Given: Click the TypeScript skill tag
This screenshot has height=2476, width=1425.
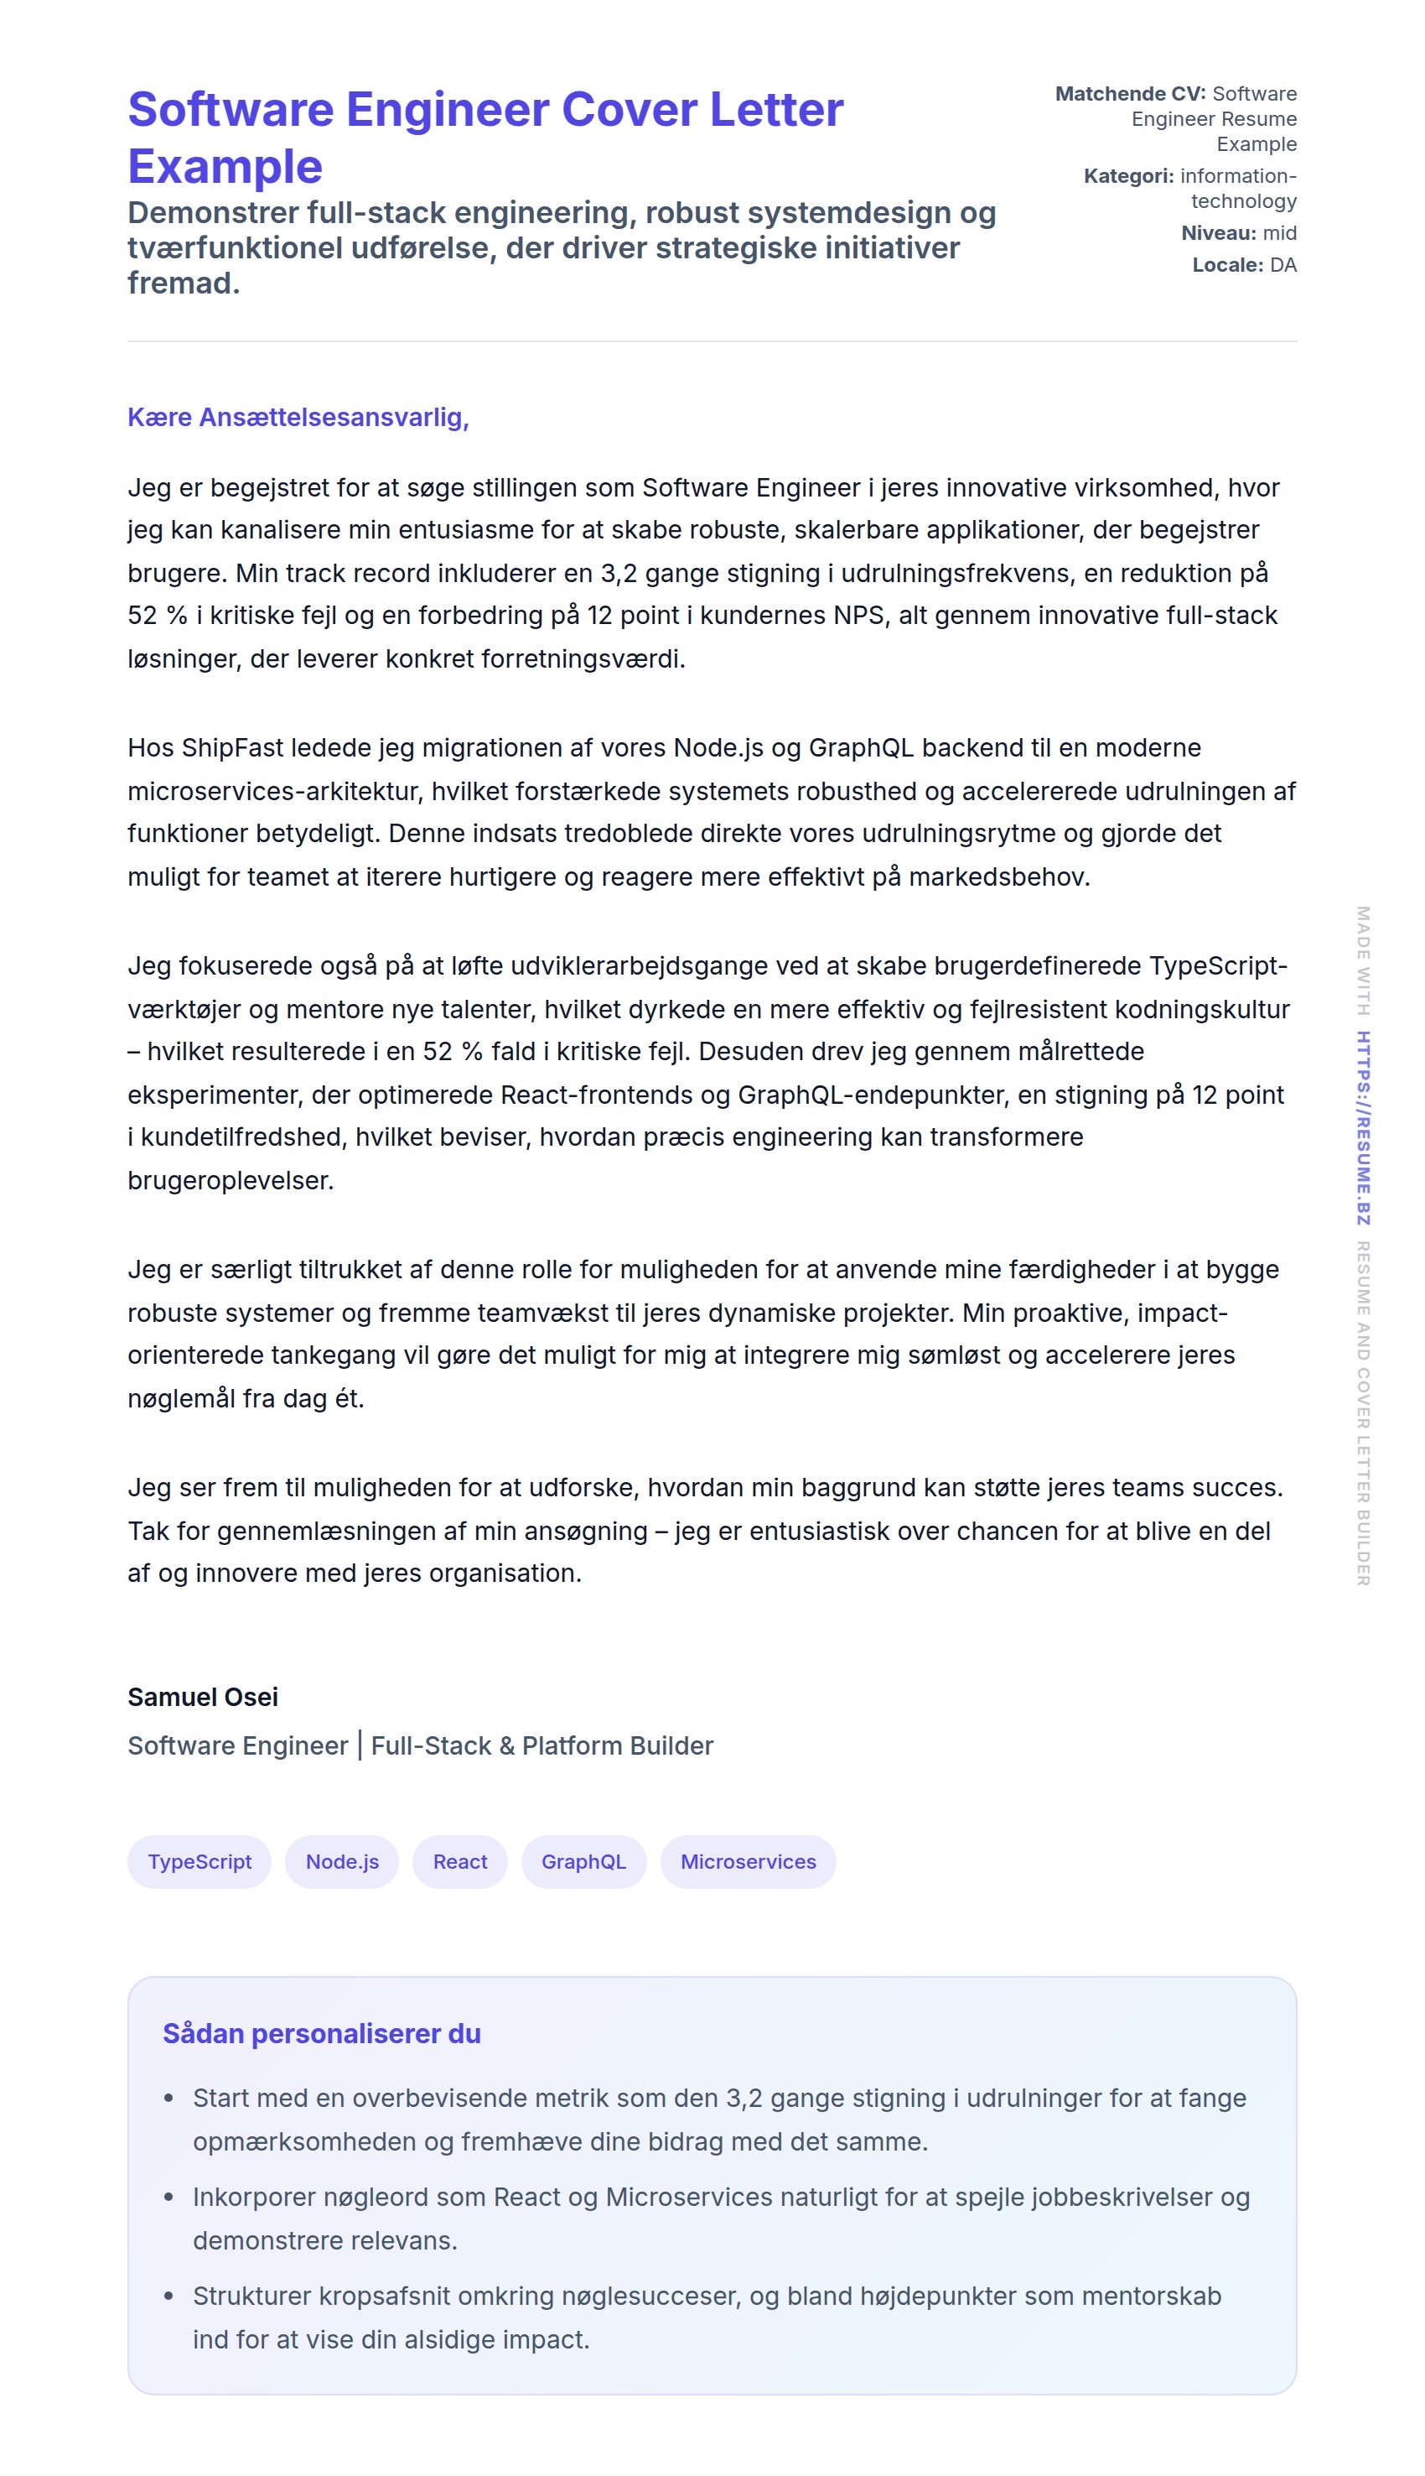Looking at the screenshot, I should click(x=199, y=1861).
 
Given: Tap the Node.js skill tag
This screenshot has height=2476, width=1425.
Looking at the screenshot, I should click(x=341, y=1861).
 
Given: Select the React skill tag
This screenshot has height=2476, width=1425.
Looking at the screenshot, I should click(x=460, y=1861).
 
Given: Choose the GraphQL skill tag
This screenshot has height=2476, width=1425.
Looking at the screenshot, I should click(x=583, y=1861).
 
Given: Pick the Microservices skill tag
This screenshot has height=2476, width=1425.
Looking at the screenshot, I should click(x=748, y=1861).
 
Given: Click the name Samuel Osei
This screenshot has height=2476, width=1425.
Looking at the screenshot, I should click(x=203, y=1697).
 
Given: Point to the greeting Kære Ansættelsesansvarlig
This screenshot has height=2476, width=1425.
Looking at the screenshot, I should click(x=298, y=417).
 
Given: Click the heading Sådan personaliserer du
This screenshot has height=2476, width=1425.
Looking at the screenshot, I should click(x=321, y=2033).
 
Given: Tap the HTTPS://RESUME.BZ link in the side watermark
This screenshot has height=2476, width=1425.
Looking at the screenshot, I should click(x=1362, y=1127).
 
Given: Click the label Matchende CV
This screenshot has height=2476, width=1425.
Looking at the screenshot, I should click(x=1129, y=94).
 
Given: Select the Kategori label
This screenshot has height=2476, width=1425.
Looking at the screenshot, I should click(x=1127, y=176).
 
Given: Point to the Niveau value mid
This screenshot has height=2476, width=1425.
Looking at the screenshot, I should click(x=1279, y=233).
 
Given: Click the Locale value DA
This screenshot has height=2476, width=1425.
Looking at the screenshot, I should click(x=1283, y=265).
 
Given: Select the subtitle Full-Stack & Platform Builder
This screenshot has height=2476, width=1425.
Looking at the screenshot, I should click(x=542, y=1745).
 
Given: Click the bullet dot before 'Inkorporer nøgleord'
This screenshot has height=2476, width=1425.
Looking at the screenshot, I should click(x=169, y=2197).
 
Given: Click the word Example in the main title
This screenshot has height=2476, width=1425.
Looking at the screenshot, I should click(x=225, y=166).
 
